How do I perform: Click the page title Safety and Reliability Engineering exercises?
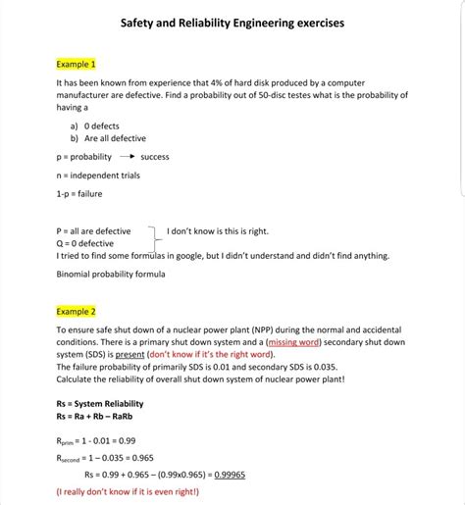click(232, 22)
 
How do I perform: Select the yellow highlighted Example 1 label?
click(76, 64)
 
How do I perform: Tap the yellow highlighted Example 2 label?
click(76, 311)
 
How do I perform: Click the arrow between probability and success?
click(127, 157)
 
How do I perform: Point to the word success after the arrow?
click(155, 157)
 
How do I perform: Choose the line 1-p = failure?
click(79, 194)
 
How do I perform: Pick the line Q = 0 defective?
click(85, 243)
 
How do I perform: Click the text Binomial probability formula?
click(111, 274)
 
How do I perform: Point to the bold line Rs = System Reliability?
click(100, 403)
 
